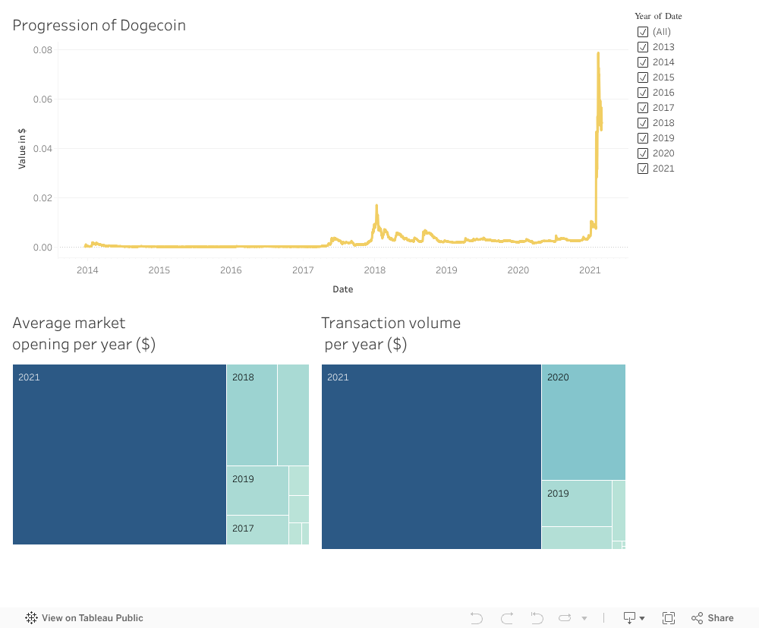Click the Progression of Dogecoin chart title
pyautogui.click(x=99, y=25)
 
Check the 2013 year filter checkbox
pyautogui.click(x=643, y=47)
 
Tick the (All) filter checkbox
pyautogui.click(x=643, y=32)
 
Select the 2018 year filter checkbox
pyautogui.click(x=643, y=123)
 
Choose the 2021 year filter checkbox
pyautogui.click(x=643, y=169)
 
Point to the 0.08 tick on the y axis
pyautogui.click(x=43, y=50)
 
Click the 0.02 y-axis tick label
pyautogui.click(x=43, y=198)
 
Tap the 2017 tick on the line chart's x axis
pyautogui.click(x=303, y=270)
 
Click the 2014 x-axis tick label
pyautogui.click(x=87, y=270)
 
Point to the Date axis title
pyautogui.click(x=342, y=289)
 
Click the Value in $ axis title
pyautogui.click(x=22, y=148)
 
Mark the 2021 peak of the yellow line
pyautogui.click(x=598, y=53)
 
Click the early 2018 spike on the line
pyautogui.click(x=376, y=206)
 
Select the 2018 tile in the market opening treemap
pyautogui.click(x=252, y=415)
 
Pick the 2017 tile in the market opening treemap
pyautogui.click(x=257, y=529)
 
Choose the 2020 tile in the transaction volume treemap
pyautogui.click(x=583, y=421)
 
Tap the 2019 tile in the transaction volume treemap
pyautogui.click(x=576, y=503)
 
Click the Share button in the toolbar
pyautogui.click(x=713, y=618)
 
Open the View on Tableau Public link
pyautogui.click(x=84, y=618)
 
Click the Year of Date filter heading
pyautogui.click(x=658, y=16)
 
